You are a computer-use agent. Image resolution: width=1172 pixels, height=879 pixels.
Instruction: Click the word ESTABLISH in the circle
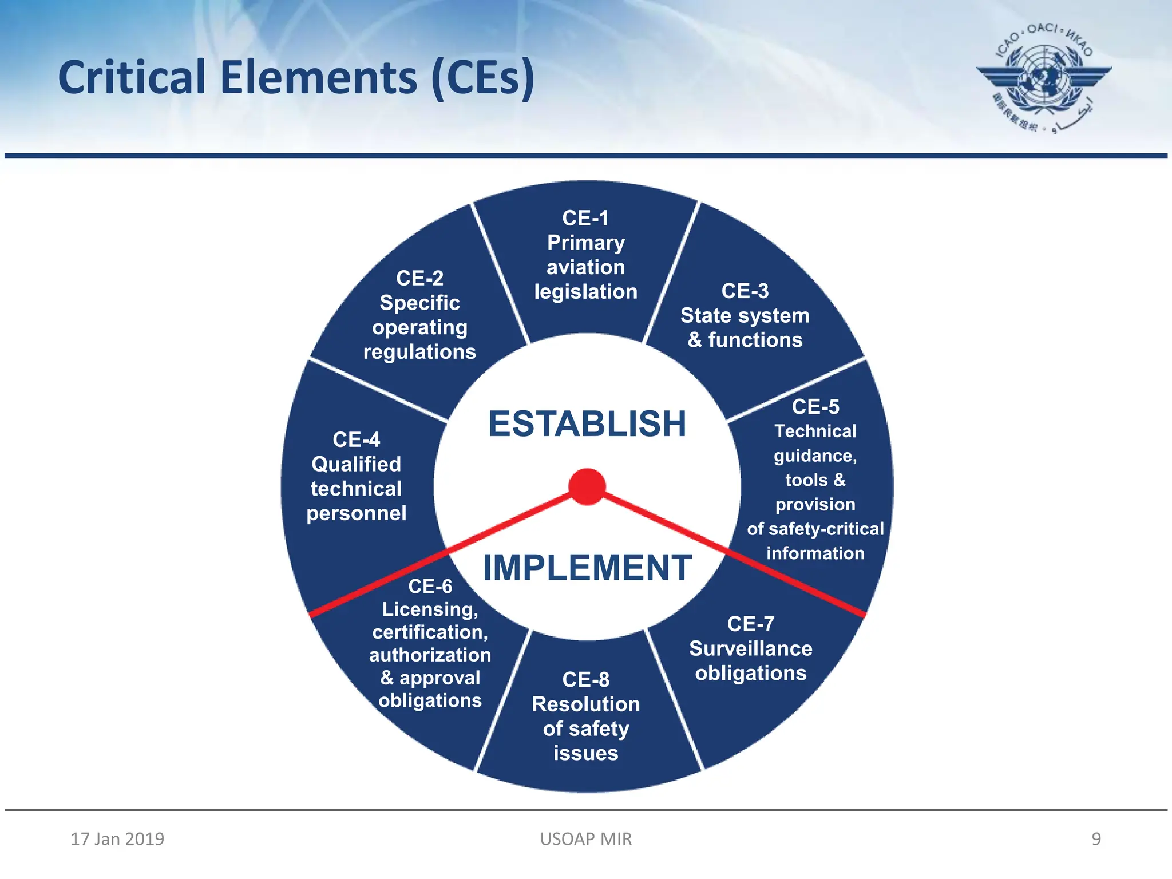[587, 424]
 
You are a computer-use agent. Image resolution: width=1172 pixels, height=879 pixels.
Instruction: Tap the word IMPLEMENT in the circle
[587, 568]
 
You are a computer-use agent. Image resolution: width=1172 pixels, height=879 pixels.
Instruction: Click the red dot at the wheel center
[587, 487]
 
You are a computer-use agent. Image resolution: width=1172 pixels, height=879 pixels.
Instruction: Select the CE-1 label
[585, 218]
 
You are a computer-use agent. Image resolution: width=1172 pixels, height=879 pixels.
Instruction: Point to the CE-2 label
[419, 278]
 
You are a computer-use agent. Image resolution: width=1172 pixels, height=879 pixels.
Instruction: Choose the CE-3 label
[745, 291]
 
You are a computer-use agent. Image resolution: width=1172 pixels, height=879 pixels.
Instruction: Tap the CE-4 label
[356, 439]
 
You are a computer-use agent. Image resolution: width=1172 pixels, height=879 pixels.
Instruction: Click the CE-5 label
[815, 407]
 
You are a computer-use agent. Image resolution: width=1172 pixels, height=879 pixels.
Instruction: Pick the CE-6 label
[430, 586]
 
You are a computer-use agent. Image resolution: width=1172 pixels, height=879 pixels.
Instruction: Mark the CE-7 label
[751, 624]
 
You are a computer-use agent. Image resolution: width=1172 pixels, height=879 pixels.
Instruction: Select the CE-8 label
[585, 679]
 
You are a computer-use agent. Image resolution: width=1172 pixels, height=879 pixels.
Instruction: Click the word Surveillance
[751, 648]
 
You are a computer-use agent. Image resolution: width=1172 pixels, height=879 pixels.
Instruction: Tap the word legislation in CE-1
[585, 292]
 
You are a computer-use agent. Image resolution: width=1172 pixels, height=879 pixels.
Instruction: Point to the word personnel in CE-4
[356, 513]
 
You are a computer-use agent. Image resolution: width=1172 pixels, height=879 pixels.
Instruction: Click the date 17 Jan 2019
[117, 839]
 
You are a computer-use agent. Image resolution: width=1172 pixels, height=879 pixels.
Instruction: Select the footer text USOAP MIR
[586, 839]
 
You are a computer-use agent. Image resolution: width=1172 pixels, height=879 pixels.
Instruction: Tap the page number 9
[1096, 839]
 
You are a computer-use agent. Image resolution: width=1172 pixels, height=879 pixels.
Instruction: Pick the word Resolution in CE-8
[585, 704]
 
